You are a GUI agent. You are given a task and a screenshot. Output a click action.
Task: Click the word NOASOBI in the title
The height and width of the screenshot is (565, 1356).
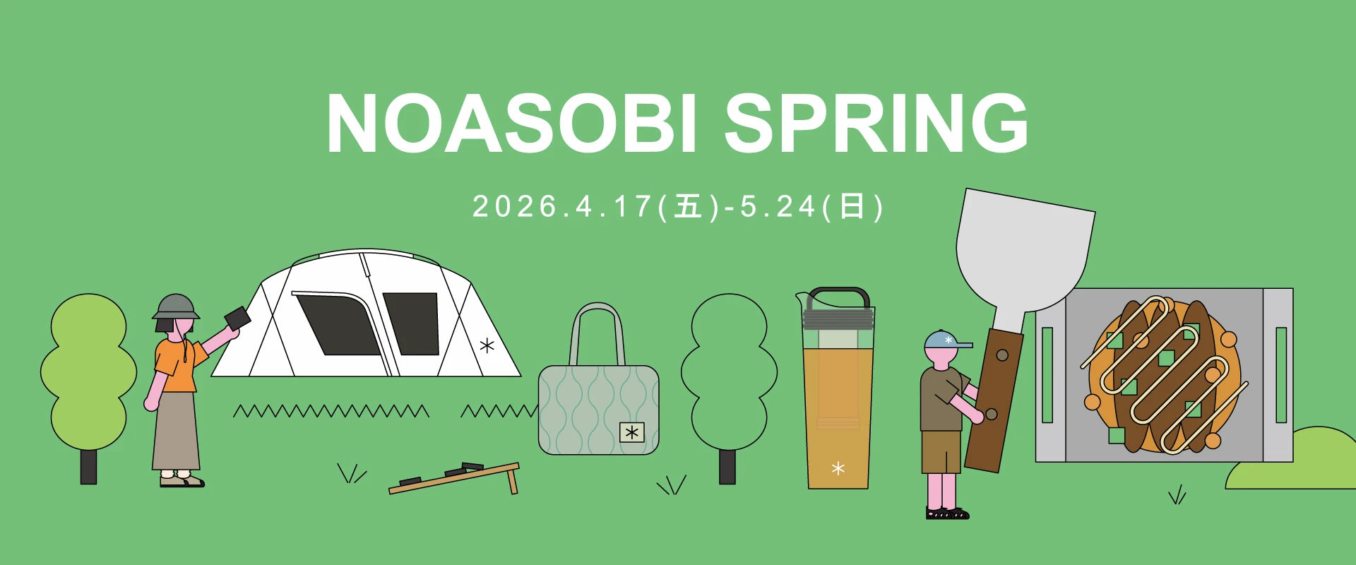pyautogui.click(x=511, y=123)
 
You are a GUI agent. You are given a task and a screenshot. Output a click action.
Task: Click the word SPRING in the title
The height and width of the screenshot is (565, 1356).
pyautogui.click(x=876, y=123)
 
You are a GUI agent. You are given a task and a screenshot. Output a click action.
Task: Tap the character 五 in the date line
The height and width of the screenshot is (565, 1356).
pyautogui.click(x=688, y=207)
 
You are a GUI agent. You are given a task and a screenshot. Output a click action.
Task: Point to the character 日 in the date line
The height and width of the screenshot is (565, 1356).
pyautogui.click(x=852, y=207)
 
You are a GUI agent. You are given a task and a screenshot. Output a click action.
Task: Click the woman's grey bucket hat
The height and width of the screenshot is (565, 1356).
pyautogui.click(x=176, y=307)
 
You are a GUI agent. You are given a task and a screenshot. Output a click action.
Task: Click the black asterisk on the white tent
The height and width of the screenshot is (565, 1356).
pyautogui.click(x=487, y=346)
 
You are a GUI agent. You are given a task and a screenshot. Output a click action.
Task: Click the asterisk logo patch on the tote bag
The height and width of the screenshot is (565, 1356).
pyautogui.click(x=632, y=432)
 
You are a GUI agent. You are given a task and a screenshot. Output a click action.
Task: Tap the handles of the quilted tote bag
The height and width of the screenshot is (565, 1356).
pyautogui.click(x=597, y=332)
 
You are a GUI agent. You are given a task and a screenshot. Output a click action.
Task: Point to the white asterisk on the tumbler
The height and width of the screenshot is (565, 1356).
pyautogui.click(x=838, y=468)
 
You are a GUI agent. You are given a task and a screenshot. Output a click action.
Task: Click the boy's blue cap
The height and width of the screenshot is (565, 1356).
pyautogui.click(x=946, y=340)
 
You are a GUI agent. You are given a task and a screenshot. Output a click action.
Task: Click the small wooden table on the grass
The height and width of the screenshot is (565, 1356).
pyautogui.click(x=455, y=478)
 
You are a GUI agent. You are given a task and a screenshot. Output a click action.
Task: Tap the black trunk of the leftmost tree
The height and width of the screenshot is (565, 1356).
pyautogui.click(x=88, y=467)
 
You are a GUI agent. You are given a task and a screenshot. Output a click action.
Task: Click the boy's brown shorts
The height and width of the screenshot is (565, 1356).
pyautogui.click(x=941, y=452)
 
